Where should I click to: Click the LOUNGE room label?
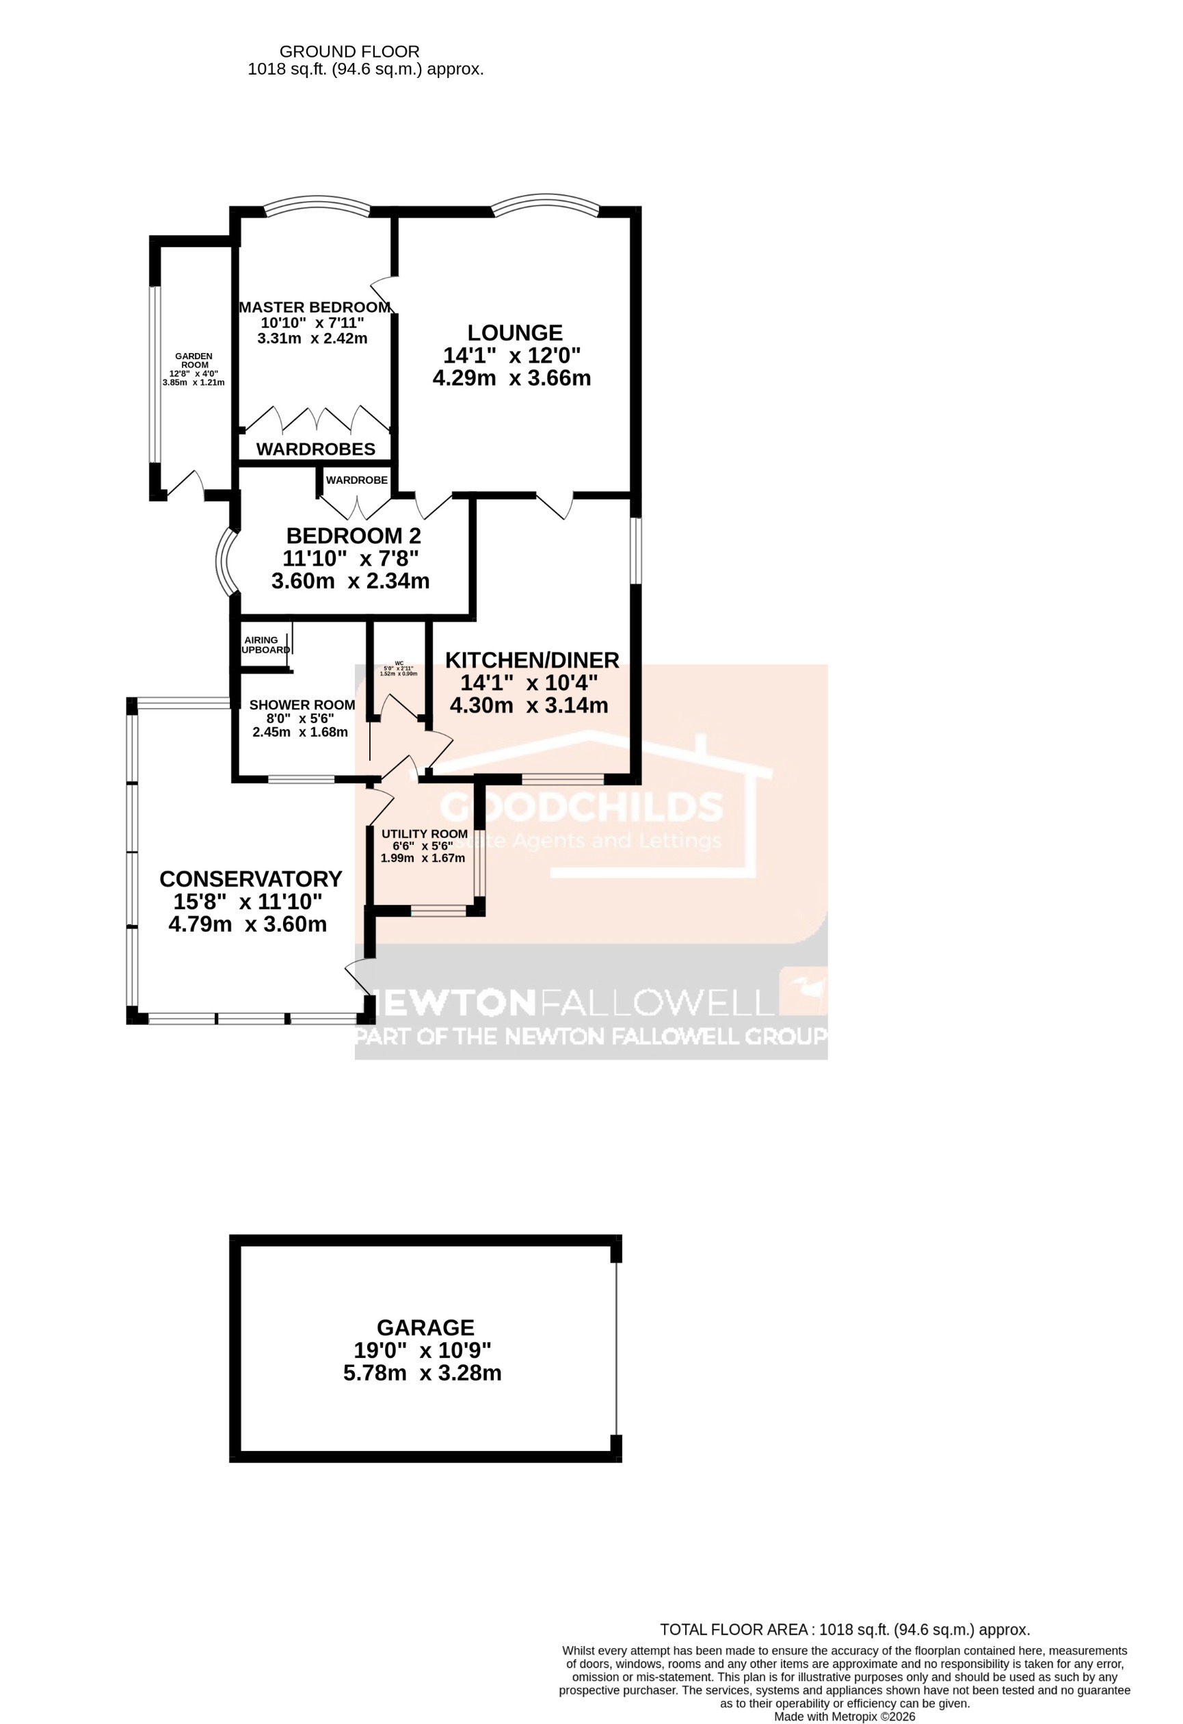[x=514, y=332]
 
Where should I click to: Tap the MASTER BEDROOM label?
[x=315, y=307]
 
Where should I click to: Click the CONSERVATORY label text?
[x=251, y=878]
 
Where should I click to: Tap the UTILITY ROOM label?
[x=423, y=833]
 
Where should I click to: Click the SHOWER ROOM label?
[x=302, y=705]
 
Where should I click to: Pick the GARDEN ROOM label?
[x=194, y=361]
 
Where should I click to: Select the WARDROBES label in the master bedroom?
[x=316, y=449]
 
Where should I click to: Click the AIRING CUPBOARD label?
[x=264, y=644]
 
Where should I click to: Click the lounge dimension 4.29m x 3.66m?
[x=511, y=378]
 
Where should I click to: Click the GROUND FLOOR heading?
[x=349, y=52]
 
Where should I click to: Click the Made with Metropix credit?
[x=844, y=1716]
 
